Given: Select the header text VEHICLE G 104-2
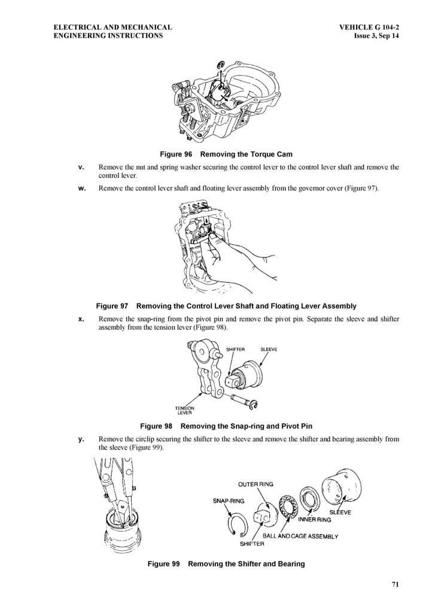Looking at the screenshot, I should (369, 28).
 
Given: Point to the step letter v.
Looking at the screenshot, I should (81, 167).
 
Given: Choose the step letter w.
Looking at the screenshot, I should (82, 189).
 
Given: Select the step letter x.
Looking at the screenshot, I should (81, 319).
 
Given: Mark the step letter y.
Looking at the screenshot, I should (81, 439).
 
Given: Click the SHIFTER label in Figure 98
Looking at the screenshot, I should (235, 349).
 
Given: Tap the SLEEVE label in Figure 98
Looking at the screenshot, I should (268, 349).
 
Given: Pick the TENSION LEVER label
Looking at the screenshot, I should (184, 410).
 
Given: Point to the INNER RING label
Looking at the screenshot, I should (314, 520).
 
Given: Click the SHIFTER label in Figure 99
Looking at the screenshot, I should (252, 544).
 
